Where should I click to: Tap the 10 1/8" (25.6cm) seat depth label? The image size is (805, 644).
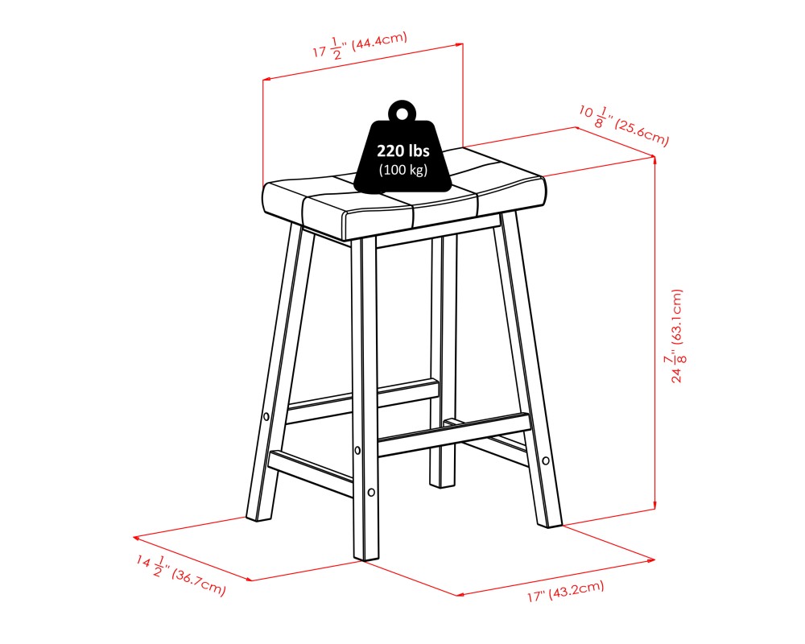click(x=624, y=126)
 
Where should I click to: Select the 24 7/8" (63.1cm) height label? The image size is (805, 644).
click(x=678, y=336)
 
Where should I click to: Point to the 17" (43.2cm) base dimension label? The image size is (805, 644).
click(x=565, y=591)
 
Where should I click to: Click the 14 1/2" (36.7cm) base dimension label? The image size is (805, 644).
click(x=180, y=576)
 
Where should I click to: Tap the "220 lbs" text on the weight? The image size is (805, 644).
click(x=403, y=151)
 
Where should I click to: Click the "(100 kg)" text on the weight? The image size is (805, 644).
click(x=403, y=170)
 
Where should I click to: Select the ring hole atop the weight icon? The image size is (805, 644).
click(x=402, y=112)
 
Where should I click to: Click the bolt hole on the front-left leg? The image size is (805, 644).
click(x=266, y=416)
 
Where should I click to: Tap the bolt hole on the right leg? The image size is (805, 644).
click(x=546, y=460)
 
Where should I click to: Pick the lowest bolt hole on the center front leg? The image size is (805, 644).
click(x=371, y=493)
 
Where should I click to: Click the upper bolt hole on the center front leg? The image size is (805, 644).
click(x=357, y=450)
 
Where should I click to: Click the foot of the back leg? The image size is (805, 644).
click(x=442, y=484)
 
